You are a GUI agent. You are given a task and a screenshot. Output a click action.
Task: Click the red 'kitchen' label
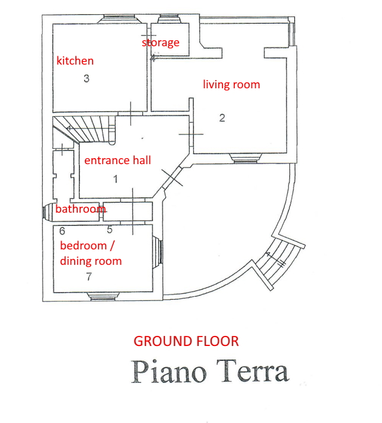point(75,60)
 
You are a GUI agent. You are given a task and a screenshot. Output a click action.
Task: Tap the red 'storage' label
point(161,42)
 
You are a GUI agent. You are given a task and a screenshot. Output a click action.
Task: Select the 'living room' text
point(231,85)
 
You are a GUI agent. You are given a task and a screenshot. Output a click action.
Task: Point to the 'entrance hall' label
point(117,160)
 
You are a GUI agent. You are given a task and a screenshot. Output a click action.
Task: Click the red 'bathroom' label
point(81,209)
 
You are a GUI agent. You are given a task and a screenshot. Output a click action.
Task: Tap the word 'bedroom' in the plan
point(83,246)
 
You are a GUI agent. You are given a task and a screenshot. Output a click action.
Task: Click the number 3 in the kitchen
point(87,79)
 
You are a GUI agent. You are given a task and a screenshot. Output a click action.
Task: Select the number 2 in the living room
point(222,118)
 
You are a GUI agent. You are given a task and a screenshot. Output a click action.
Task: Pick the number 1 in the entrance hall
point(116,179)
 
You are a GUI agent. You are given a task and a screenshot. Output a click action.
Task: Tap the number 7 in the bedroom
point(89,277)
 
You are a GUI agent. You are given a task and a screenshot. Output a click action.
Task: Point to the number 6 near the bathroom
point(62,231)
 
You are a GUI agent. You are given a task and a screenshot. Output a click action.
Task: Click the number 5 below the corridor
point(109,230)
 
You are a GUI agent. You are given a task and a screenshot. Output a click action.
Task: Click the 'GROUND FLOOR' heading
point(186,341)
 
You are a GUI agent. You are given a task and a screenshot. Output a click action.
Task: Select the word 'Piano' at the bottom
point(169,371)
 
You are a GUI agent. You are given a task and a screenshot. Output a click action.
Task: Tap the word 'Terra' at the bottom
point(253,371)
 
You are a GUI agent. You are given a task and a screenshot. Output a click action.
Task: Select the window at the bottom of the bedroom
point(104,296)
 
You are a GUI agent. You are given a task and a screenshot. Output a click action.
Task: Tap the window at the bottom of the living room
point(246,158)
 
